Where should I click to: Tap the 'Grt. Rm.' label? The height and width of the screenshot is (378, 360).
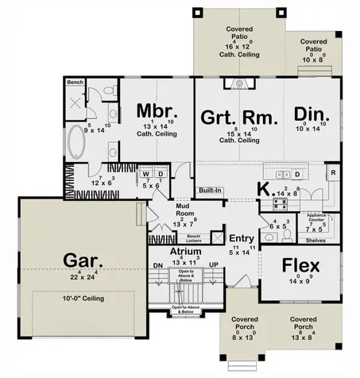click(x=238, y=118)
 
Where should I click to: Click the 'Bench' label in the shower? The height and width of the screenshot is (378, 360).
click(x=75, y=82)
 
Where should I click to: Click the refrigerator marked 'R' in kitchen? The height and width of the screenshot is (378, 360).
click(x=332, y=172)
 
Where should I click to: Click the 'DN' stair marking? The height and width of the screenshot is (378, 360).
click(x=157, y=265)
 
